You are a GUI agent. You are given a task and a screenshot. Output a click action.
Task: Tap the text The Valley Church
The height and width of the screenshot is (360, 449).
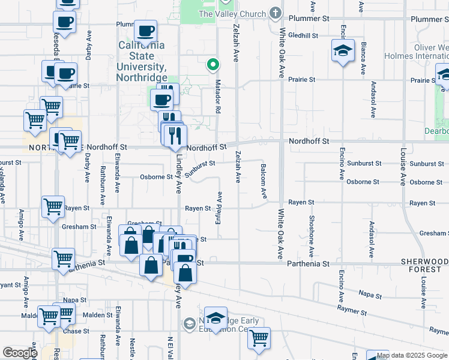point(231,14)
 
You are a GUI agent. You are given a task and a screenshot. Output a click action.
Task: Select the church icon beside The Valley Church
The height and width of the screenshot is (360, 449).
point(276,13)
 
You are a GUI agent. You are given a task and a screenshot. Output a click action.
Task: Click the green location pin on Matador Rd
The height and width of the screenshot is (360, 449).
point(212,64)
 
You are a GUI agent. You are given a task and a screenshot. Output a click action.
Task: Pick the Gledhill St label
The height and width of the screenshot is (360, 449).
point(303,35)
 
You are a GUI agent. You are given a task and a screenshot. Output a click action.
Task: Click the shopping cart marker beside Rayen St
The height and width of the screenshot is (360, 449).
point(53,207)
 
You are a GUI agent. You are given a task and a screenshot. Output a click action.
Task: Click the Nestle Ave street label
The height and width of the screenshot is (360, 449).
point(132,352)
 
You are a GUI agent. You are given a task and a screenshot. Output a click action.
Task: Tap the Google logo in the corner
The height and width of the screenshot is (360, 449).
point(19,353)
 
